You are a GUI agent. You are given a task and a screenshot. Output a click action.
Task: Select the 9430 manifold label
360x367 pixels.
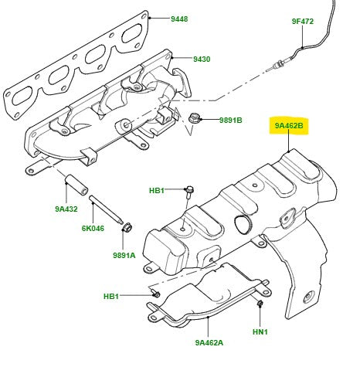tap(202, 59)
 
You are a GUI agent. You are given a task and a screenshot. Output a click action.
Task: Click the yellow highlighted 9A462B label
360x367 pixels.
tap(287, 124)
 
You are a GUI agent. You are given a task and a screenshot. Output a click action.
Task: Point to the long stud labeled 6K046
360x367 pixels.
tap(106, 212)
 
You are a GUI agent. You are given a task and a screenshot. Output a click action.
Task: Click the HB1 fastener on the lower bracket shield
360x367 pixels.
tap(155, 294)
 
